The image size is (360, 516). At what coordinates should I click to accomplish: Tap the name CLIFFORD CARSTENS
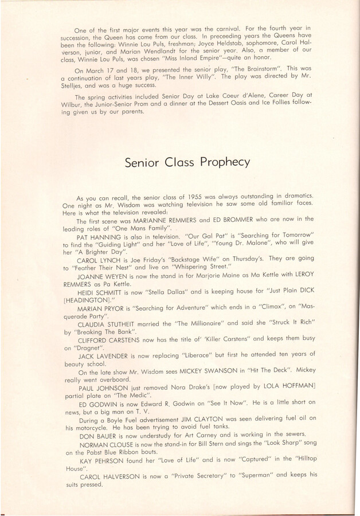107,355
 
